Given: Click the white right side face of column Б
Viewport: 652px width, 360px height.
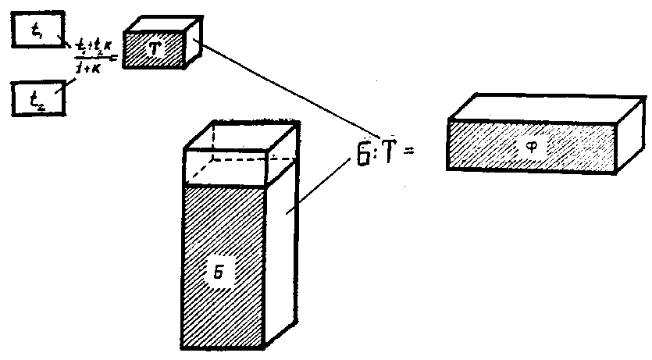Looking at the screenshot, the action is tap(283, 250).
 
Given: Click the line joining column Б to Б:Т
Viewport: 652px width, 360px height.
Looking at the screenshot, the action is tap(320, 187).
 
